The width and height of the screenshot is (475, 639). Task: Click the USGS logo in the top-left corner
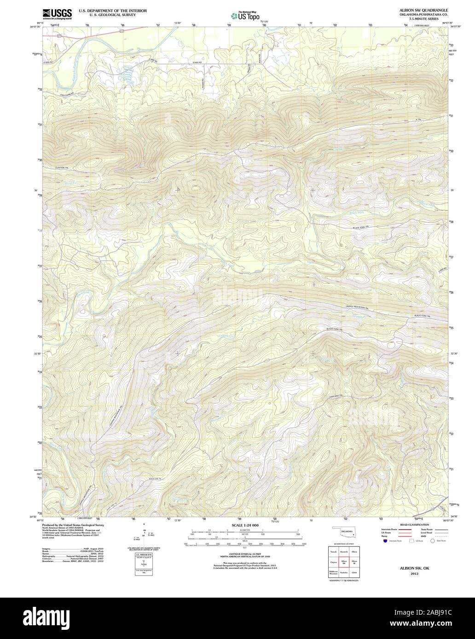57,14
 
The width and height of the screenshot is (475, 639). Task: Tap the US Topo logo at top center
245,16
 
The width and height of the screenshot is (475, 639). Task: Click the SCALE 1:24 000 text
245,525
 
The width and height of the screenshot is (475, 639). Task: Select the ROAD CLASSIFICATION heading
414,525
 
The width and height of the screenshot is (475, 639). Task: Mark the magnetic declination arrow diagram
144,536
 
